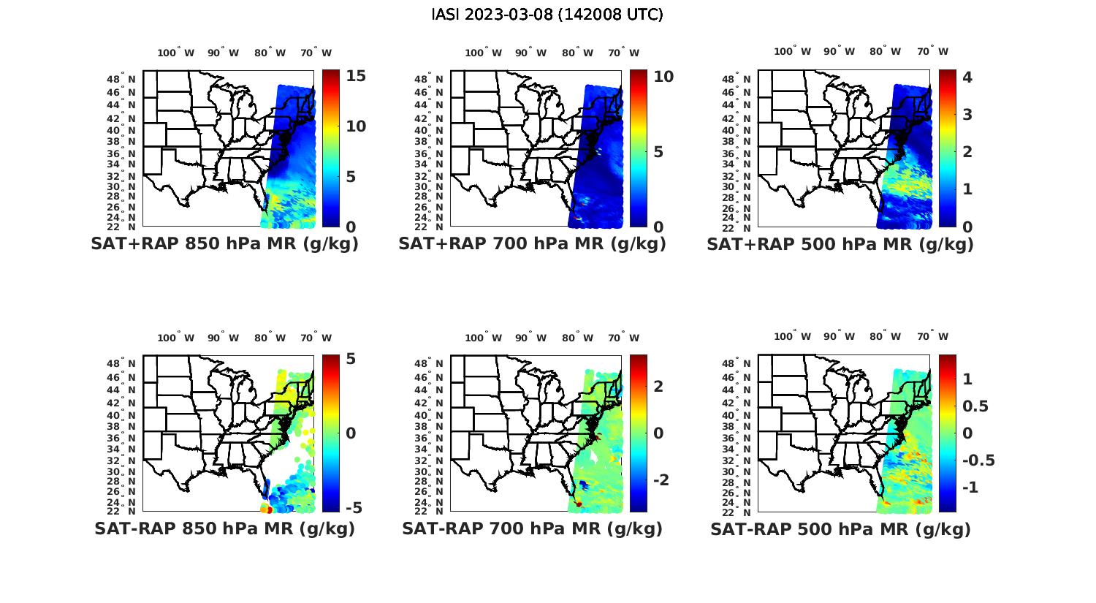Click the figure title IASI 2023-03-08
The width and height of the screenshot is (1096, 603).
pyautogui.click(x=547, y=15)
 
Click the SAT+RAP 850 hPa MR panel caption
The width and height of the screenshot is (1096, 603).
pyautogui.click(x=224, y=244)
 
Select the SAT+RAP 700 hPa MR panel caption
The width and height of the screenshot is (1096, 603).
pyautogui.click(x=532, y=244)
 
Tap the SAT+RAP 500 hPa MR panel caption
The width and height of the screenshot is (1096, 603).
pyautogui.click(x=840, y=244)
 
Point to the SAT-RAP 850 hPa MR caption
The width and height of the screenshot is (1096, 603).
pyautogui.click(x=224, y=528)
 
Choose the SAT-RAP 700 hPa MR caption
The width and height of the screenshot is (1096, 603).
pyautogui.click(x=532, y=528)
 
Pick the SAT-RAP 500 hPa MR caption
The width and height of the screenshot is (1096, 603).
pyautogui.click(x=840, y=529)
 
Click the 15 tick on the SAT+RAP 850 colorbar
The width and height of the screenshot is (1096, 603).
pyautogui.click(x=356, y=76)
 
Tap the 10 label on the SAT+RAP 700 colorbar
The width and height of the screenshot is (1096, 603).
pyautogui.click(x=663, y=76)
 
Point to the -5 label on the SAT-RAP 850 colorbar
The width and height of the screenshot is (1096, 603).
pyautogui.click(x=353, y=507)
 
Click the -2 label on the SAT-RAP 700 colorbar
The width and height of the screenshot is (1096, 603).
pyautogui.click(x=661, y=479)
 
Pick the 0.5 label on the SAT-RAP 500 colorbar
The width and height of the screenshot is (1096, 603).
pyautogui.click(x=977, y=406)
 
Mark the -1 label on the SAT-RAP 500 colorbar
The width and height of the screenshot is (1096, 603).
pyautogui.click(x=971, y=487)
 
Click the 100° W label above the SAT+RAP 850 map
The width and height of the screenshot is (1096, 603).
pyautogui.click(x=176, y=53)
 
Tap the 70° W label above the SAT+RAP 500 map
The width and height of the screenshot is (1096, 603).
pyautogui.click(x=932, y=51)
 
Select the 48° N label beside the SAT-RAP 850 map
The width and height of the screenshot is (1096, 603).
pyautogui.click(x=122, y=364)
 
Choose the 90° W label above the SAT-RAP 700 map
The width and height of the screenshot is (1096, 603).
pyautogui.click(x=530, y=338)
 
